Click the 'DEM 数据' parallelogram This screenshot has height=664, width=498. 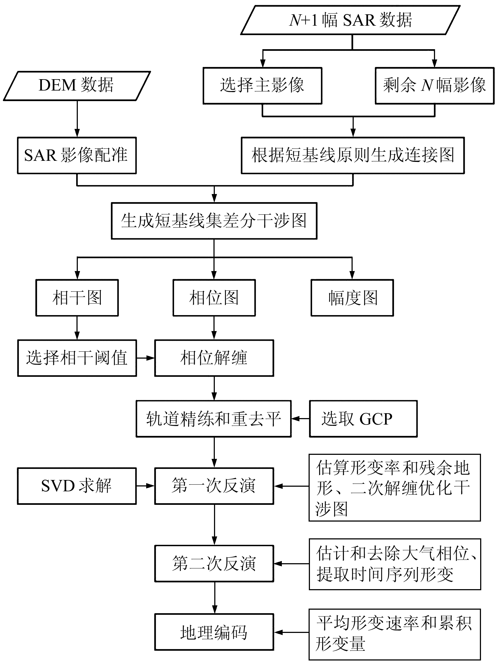tap(76, 86)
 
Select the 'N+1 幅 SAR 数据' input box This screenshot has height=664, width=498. tap(350, 20)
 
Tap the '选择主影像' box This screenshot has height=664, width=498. tap(262, 86)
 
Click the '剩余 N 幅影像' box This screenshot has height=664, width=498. tap(434, 86)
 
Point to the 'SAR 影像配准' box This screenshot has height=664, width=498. tap(77, 155)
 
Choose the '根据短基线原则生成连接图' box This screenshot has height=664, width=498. tap(353, 155)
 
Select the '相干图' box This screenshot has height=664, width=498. tap(77, 298)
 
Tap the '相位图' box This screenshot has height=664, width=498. tap(214, 298)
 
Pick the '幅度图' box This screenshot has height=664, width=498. tap(352, 298)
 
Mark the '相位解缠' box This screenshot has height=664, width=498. tap(214, 358)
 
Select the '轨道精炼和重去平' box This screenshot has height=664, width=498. tap(213, 419)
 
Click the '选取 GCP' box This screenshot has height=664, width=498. tap(363, 419)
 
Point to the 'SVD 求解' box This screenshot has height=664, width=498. tap(77, 486)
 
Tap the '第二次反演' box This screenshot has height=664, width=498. tap(214, 563)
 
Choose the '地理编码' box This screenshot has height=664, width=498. tap(214, 632)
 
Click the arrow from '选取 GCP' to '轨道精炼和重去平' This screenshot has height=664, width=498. tap(300, 419)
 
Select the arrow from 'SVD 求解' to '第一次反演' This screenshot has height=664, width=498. tap(145, 486)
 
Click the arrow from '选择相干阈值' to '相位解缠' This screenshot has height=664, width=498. tap(145, 358)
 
